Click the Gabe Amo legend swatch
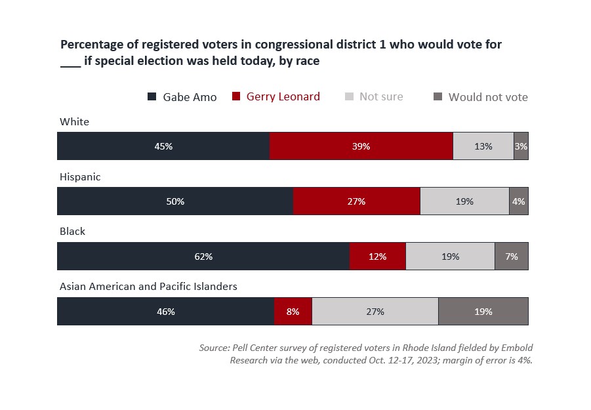coord(152,96)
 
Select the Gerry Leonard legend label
coord(283,96)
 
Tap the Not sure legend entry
coord(374,96)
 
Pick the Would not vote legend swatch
coord(438,96)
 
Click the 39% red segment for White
coord(361,146)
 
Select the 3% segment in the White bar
coord(521,146)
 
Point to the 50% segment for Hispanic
coord(175,201)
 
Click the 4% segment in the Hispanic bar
coord(519,201)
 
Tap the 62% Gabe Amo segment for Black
coord(203,256)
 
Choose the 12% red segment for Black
coord(378,256)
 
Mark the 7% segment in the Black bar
coord(512,256)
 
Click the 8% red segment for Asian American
coord(293,311)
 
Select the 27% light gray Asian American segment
coord(375,311)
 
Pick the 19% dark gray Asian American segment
coord(483,311)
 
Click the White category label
coord(74,122)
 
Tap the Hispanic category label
coord(80,176)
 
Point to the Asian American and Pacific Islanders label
coord(148,287)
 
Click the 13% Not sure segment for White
coord(483,146)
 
